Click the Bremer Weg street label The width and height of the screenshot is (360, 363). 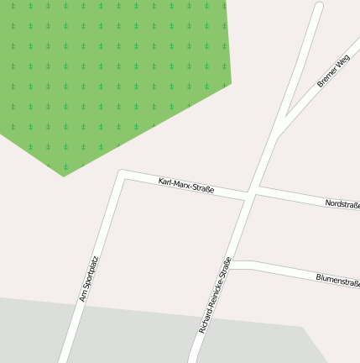[x=333, y=71]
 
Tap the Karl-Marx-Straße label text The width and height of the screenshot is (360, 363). [x=186, y=186]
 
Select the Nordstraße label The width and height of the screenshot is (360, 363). [x=342, y=204]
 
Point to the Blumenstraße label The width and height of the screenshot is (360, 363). [x=337, y=279]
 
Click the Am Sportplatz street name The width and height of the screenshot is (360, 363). [x=89, y=279]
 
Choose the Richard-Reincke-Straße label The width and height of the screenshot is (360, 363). [x=215, y=295]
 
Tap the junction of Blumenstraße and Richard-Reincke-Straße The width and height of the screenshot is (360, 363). [x=232, y=265]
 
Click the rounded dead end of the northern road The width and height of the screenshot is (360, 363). [x=319, y=7]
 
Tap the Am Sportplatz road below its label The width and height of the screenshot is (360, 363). [x=70, y=332]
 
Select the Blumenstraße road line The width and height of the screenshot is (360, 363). [x=285, y=271]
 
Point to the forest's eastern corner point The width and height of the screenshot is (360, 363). [x=231, y=84]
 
